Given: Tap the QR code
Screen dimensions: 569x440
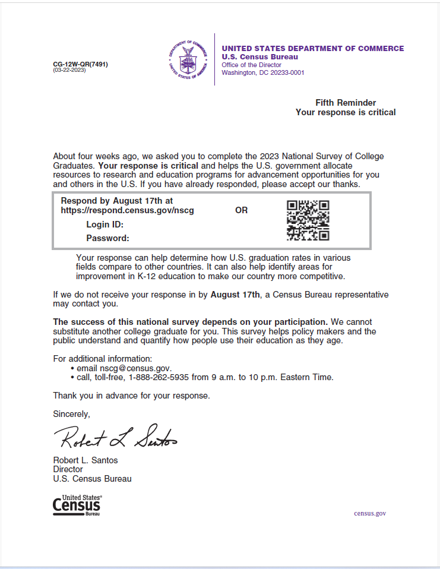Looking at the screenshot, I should (308, 220).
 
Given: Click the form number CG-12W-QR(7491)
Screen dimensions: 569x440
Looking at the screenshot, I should (80, 64).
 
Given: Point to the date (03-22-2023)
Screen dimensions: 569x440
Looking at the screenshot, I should (69, 70).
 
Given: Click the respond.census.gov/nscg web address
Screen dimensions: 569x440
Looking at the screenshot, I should (127, 210).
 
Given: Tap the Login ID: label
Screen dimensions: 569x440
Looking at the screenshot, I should (105, 225).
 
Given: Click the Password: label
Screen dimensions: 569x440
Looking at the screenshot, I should (107, 238).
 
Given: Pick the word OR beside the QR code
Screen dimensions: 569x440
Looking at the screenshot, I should (241, 210).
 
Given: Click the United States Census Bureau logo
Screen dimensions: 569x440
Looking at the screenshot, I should (77, 505).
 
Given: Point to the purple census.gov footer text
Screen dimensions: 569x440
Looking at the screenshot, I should (370, 513).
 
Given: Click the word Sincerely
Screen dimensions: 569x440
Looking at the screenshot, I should (71, 413).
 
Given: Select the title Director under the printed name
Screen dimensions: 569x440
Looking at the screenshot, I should (68, 469).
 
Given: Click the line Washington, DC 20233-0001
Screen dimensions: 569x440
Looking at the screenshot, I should (262, 73).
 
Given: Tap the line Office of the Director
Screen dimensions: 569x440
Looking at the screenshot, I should (251, 65).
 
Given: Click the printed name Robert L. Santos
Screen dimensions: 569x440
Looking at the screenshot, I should (86, 460).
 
